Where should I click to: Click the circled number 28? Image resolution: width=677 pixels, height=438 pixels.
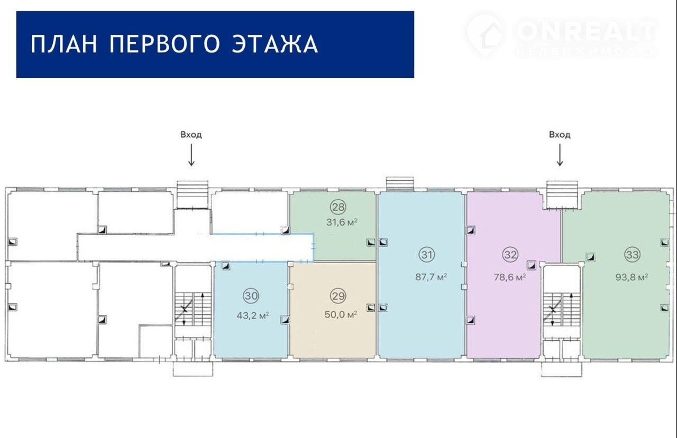click(338, 207)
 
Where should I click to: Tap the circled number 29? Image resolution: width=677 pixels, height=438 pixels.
click(338, 296)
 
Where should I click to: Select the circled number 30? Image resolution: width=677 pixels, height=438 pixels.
click(251, 296)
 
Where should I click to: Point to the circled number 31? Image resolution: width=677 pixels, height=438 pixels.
click(427, 255)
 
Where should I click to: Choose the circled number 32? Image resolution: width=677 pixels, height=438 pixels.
click(510, 255)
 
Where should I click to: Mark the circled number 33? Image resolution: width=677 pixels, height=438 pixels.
click(633, 255)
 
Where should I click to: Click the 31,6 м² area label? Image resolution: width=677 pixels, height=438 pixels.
click(342, 222)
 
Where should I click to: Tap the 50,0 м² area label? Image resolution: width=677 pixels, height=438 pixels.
click(341, 314)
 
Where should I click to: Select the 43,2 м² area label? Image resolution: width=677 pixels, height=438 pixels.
click(253, 316)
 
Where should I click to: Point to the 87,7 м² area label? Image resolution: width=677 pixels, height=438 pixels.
click(431, 277)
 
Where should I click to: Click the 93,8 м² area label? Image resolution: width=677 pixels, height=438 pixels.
click(632, 277)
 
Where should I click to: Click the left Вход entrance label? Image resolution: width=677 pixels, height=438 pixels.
click(191, 135)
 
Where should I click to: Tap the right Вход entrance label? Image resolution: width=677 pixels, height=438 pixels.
click(560, 135)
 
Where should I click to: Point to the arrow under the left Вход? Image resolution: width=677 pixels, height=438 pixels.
click(191, 155)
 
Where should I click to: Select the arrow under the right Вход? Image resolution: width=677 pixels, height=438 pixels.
click(560, 155)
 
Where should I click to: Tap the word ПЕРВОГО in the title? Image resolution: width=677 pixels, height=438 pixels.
click(164, 44)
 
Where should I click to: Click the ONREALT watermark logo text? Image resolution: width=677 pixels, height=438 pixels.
click(585, 31)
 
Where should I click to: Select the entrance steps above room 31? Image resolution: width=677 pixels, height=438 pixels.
click(400, 184)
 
